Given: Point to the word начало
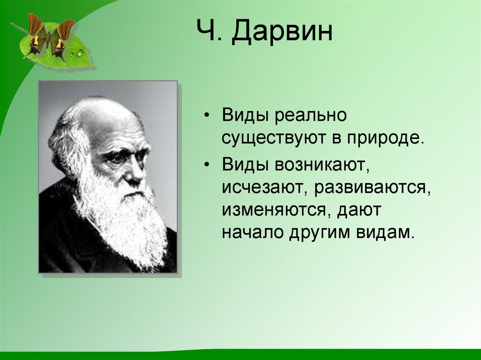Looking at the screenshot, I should pos(249,233).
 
